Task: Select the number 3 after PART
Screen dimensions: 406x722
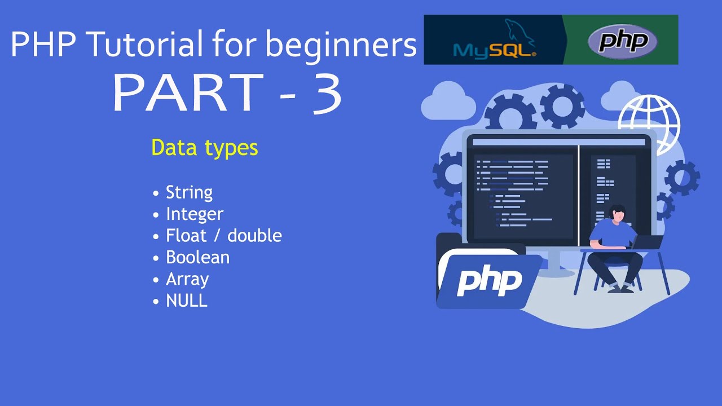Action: pos(325,94)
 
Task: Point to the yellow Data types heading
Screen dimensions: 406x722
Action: pos(204,148)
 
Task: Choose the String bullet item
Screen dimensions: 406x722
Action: pos(189,192)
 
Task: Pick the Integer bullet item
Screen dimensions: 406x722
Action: pos(195,214)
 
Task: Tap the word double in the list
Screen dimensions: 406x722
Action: pos(254,236)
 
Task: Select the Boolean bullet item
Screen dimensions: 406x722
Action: pos(197,258)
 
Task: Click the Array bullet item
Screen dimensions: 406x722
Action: pos(187,279)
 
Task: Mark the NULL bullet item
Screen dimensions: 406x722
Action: pos(187,301)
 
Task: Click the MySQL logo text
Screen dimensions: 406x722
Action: pos(494,50)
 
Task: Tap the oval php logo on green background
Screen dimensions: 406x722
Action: pos(622,41)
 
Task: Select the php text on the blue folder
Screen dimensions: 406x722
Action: pos(489,279)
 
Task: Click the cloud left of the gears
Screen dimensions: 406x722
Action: pos(448,101)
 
